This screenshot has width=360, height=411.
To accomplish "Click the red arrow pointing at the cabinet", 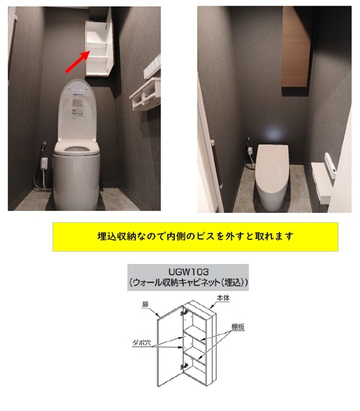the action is pyautogui.click(x=78, y=62).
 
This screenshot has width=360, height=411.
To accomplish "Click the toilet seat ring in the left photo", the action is pyautogui.click(x=77, y=149).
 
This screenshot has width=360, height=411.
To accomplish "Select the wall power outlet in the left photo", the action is pyautogui.click(x=44, y=161).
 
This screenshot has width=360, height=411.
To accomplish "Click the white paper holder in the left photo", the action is pyautogui.click(x=145, y=95).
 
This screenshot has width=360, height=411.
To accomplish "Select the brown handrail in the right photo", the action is pyautogui.click(x=217, y=164).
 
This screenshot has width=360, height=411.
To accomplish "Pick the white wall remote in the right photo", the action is pyautogui.click(x=330, y=166).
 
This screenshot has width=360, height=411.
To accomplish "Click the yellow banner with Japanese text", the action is pyautogui.click(x=195, y=237).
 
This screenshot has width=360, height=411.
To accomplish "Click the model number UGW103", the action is pyautogui.click(x=188, y=271).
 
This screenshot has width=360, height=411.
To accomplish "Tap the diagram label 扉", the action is pyautogui.click(x=145, y=305).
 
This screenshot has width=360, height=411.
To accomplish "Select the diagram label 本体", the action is pyautogui.click(x=223, y=298).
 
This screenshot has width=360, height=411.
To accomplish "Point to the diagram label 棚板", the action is pyautogui.click(x=238, y=327).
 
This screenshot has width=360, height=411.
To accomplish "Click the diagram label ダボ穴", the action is pyautogui.click(x=142, y=342).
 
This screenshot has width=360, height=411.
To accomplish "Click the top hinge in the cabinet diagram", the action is pyautogui.click(x=185, y=312).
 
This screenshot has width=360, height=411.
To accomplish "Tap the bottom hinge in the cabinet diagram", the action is pyautogui.click(x=185, y=365).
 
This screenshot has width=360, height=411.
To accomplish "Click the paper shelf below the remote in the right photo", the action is pyautogui.click(x=322, y=183).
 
